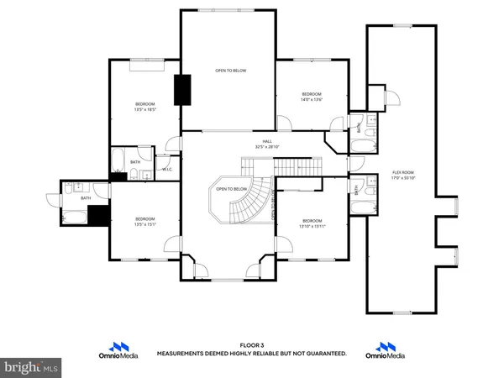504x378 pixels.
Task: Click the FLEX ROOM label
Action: click(402, 172)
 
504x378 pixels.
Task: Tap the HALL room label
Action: click(267, 141)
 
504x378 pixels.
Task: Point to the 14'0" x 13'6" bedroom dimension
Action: click(312, 100)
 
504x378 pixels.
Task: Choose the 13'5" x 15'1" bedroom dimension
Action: click(145, 223)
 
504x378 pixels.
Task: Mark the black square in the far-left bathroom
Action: click(99, 216)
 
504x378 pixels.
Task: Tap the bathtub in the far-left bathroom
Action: click(72, 217)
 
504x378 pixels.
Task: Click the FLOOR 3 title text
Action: click(251, 345)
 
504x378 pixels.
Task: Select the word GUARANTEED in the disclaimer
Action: click(324, 354)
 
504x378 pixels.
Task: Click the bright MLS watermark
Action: click(31, 367)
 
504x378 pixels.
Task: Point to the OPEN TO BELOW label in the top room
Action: click(230, 71)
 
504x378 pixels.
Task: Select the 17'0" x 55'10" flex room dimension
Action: click(402, 178)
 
